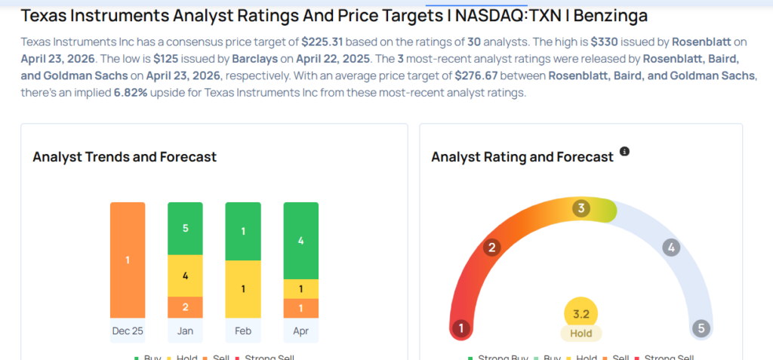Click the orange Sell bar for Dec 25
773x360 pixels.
pos(128,260)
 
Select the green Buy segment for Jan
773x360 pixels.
pos(185,228)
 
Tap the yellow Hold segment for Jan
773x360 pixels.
pos(185,275)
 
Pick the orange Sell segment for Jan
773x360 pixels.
pos(185,306)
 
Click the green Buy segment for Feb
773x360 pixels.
pos(242,231)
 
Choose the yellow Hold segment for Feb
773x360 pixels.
pos(242,288)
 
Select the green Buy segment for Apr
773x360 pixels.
pos(300,241)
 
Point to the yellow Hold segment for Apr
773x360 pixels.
pos(300,288)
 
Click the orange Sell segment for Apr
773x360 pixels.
pos(300,308)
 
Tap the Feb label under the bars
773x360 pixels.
pos(242,331)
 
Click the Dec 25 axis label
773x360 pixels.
pos(128,331)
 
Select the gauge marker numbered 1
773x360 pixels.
pos(460,328)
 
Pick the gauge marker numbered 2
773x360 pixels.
pos(492,247)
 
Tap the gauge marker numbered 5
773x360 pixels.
pos(701,328)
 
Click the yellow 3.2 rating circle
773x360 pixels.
pos(581,313)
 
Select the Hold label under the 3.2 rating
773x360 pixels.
pos(581,333)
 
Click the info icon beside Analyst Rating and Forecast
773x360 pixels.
pos(624,152)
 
